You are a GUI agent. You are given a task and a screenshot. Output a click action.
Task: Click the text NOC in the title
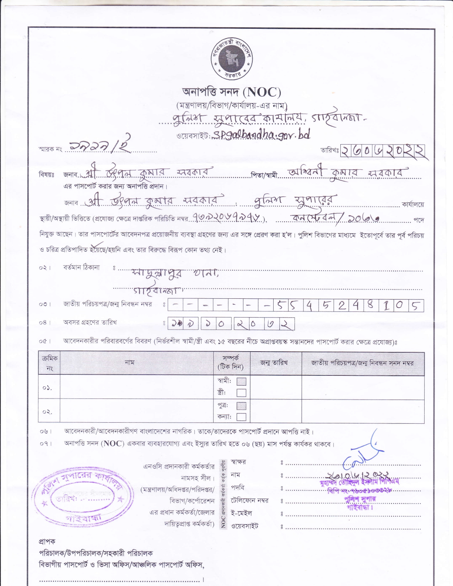click(x=262, y=92)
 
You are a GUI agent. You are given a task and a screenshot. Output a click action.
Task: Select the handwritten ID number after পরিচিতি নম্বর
click(x=228, y=218)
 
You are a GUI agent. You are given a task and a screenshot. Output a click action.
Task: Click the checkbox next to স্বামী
click(x=241, y=381)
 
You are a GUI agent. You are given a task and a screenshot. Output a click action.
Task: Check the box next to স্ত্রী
click(x=241, y=392)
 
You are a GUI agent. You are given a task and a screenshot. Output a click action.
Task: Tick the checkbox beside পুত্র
click(x=241, y=406)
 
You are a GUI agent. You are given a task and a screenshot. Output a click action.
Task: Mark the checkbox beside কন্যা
click(x=241, y=417)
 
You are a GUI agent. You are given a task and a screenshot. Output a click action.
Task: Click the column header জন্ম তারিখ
click(x=274, y=363)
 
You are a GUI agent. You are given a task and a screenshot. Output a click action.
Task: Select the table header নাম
click(x=130, y=362)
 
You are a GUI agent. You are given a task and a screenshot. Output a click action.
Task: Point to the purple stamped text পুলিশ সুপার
click(x=360, y=499)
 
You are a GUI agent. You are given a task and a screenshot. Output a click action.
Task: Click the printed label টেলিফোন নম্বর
click(x=250, y=500)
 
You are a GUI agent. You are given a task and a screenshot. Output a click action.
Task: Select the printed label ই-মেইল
click(x=241, y=513)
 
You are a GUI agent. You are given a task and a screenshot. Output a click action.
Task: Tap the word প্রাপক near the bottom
click(x=47, y=542)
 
